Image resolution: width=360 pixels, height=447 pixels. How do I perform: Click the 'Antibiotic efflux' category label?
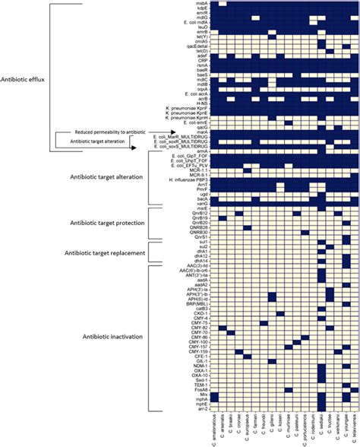pyautogui.click(x=28, y=78)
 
